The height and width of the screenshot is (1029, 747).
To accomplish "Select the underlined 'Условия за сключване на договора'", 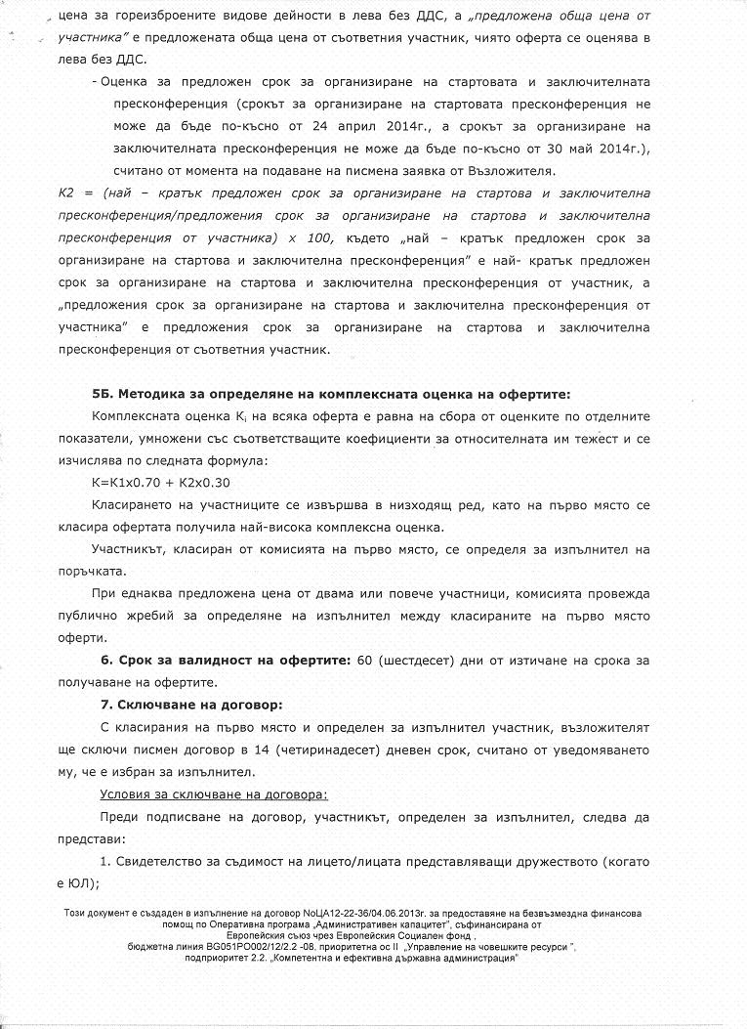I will (x=214, y=793).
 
